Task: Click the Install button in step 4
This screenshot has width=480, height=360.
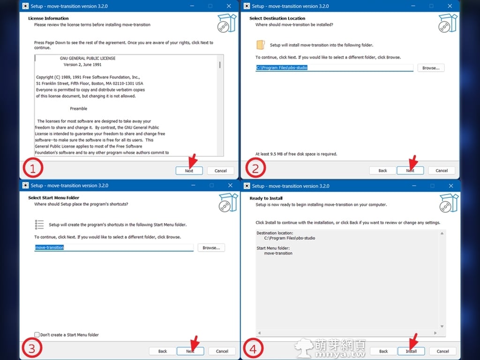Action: [x=411, y=351]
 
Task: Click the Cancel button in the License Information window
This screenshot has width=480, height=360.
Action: [x=220, y=171]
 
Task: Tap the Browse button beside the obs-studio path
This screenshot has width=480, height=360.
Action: [x=431, y=68]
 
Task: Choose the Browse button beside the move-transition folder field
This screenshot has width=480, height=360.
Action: [x=211, y=247]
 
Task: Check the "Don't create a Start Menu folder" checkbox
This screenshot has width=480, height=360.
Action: [x=37, y=335]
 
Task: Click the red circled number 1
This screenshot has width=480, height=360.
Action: [x=33, y=168]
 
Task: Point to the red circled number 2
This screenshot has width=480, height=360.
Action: [x=255, y=168]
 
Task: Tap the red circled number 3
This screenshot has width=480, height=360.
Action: [x=32, y=348]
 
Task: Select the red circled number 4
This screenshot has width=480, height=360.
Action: [x=253, y=348]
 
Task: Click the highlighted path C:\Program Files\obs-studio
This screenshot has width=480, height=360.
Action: [x=282, y=67]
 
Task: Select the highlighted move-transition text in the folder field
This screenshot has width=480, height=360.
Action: [x=49, y=247]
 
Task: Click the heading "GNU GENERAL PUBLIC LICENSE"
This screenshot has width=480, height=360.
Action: [x=88, y=58]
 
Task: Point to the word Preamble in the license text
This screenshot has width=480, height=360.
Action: [x=78, y=109]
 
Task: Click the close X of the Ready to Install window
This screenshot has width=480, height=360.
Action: [x=451, y=186]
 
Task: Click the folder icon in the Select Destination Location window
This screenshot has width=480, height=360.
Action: [x=261, y=45]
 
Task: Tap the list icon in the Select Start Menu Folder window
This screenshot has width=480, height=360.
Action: [x=39, y=225]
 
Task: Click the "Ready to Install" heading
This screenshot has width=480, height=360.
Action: [x=266, y=198]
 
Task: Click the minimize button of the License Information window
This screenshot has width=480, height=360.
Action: [x=192, y=6]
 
